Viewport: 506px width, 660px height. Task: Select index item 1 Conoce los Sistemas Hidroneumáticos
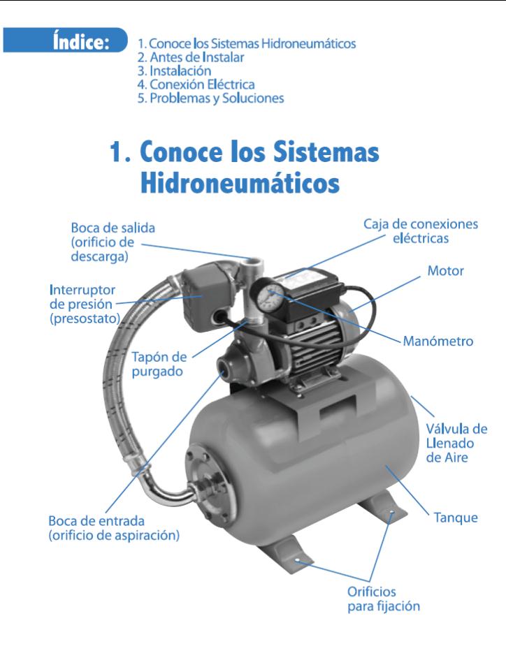click(x=247, y=43)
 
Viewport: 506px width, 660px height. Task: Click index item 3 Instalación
click(x=174, y=71)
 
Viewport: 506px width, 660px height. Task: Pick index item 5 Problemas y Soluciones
click(x=210, y=98)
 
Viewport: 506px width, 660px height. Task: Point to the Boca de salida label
click(x=113, y=241)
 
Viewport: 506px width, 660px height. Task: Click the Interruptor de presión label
click(x=83, y=304)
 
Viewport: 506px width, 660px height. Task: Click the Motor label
click(x=445, y=270)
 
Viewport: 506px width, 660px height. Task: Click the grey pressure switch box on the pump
click(x=198, y=294)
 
